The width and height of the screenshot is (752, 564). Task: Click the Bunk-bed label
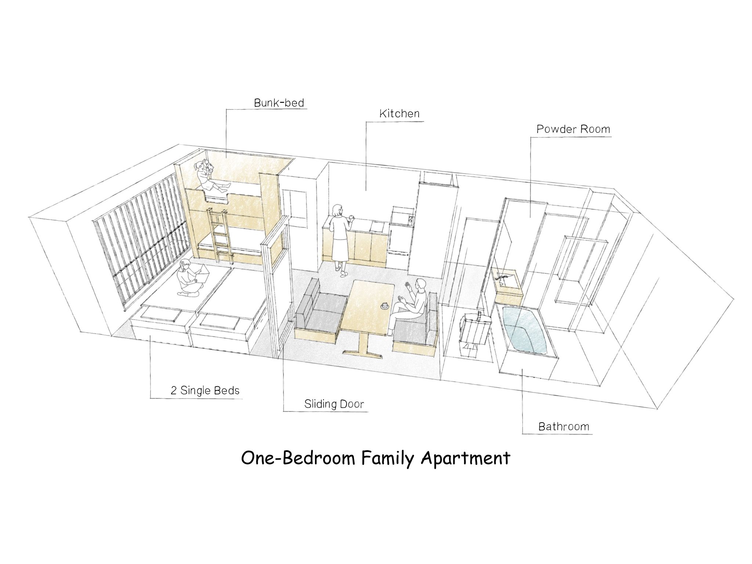(x=279, y=102)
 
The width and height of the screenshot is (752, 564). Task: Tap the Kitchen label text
(x=399, y=113)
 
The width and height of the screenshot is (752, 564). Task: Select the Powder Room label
(x=573, y=129)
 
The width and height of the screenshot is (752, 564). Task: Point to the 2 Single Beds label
(x=205, y=390)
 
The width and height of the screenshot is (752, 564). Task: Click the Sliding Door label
(x=334, y=404)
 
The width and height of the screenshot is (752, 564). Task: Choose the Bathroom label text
(x=564, y=427)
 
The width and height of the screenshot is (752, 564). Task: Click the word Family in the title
(x=386, y=459)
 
